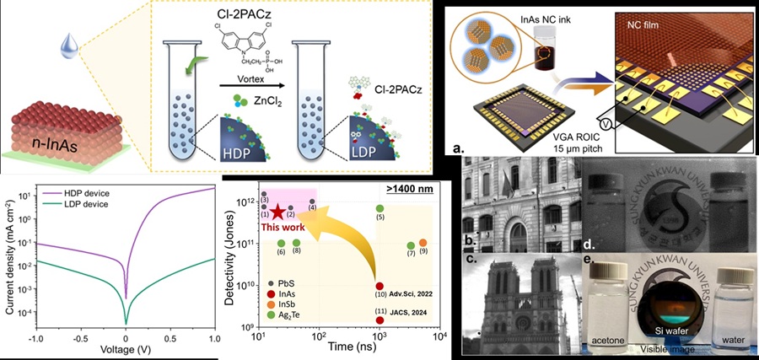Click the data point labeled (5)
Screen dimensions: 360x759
point(380,208)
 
